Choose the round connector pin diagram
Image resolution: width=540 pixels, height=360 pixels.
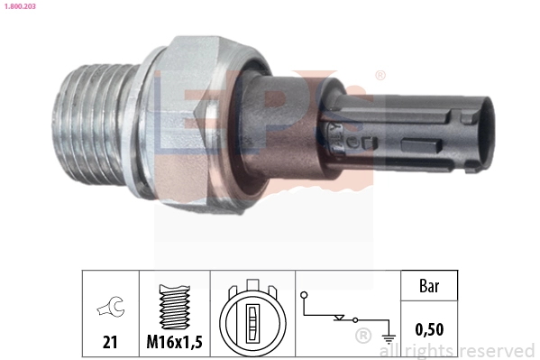coord(252,318)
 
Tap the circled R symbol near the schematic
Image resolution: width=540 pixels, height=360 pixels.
coord(362,337)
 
